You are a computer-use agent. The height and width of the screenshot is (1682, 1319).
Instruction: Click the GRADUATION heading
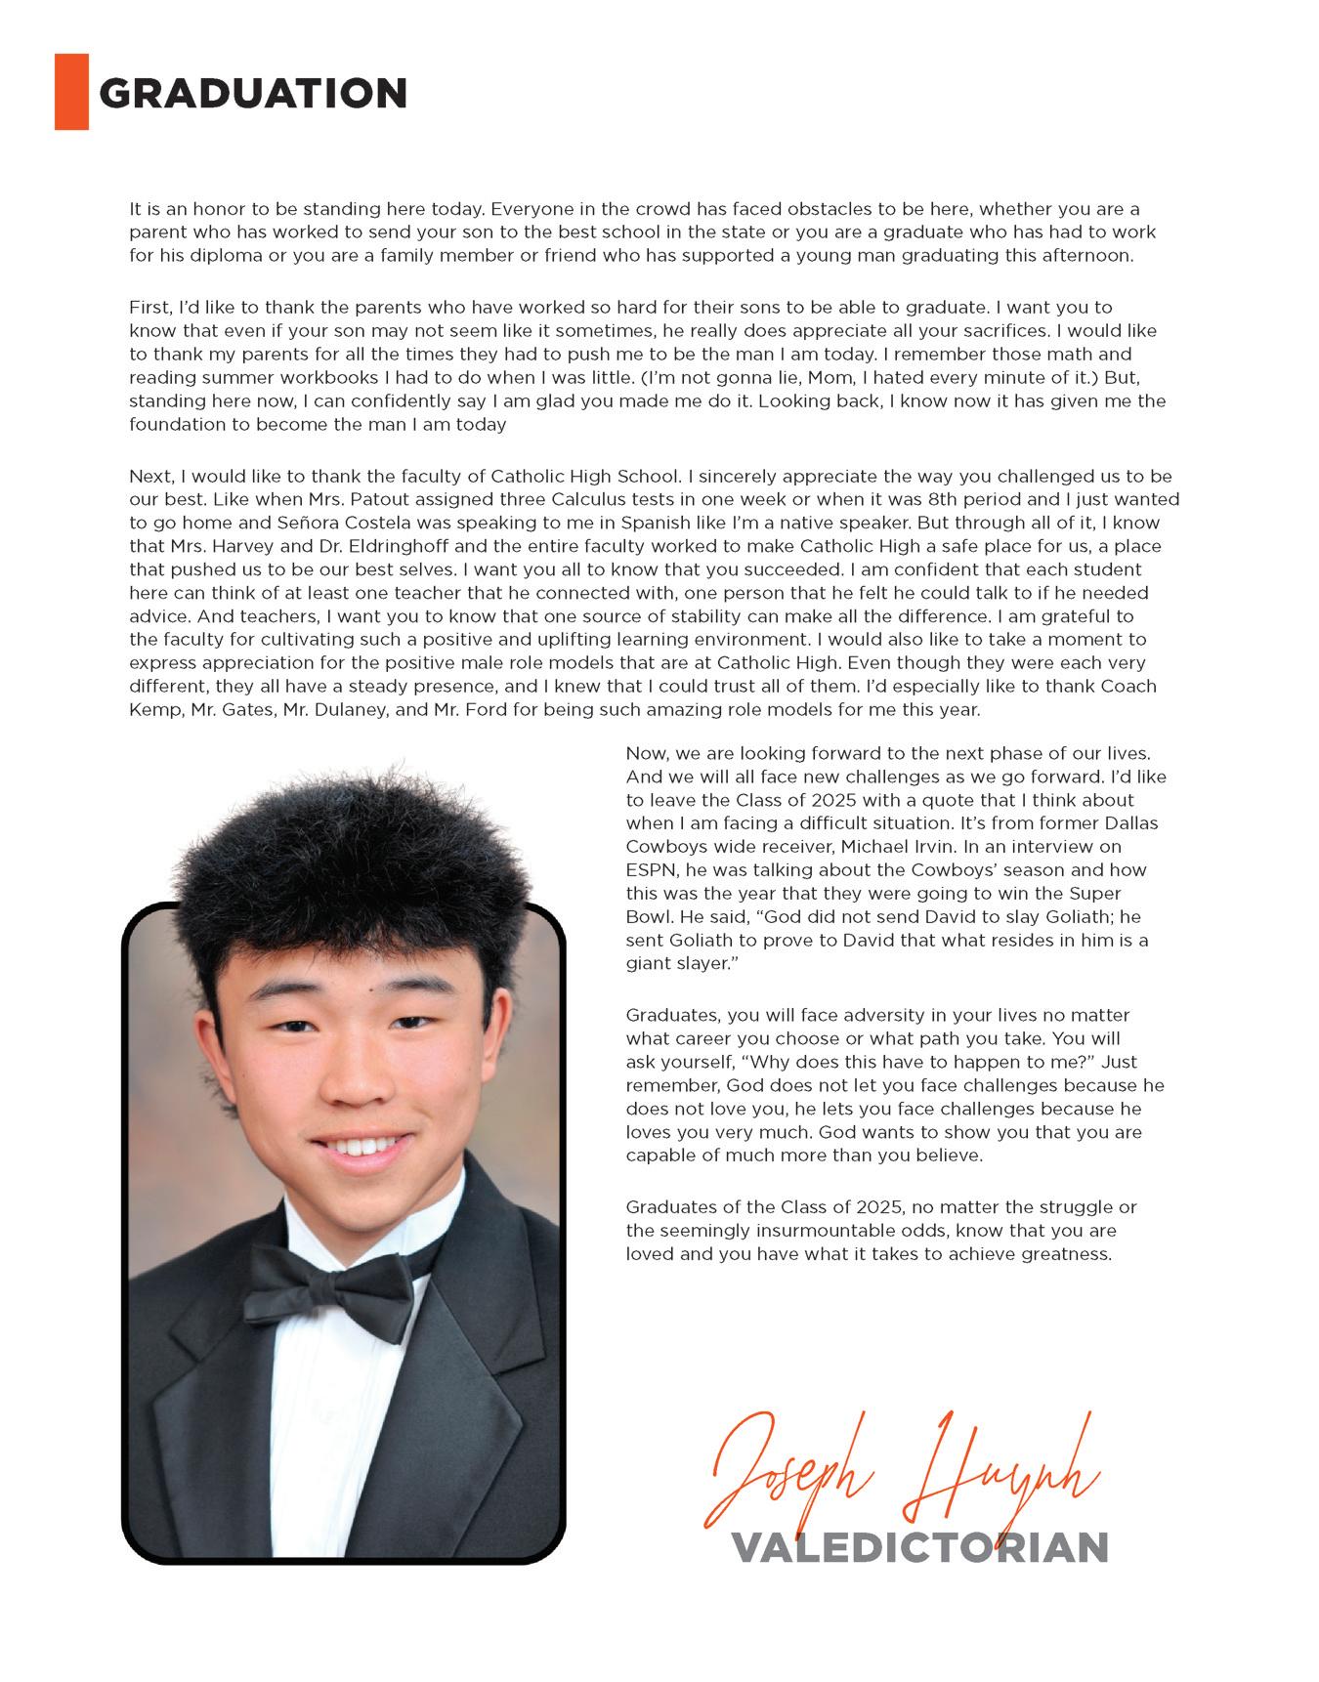(x=253, y=94)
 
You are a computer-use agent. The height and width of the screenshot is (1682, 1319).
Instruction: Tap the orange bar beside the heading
(x=71, y=92)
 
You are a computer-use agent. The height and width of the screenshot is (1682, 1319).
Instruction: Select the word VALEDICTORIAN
(x=919, y=1547)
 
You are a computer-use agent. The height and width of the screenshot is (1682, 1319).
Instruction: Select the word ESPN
(x=649, y=870)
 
